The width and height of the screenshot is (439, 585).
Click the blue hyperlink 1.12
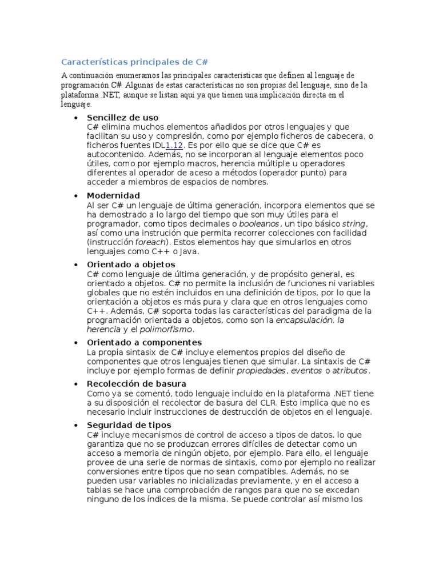(x=174, y=145)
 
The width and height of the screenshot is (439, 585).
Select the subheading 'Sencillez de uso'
(x=123, y=117)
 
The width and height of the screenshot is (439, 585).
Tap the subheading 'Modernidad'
(x=113, y=195)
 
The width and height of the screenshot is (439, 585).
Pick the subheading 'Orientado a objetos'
(x=130, y=265)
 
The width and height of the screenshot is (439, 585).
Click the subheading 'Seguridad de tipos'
(x=129, y=425)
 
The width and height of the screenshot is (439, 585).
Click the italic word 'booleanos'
(x=259, y=223)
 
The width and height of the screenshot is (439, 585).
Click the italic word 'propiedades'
(x=261, y=371)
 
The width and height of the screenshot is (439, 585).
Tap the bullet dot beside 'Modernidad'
(x=76, y=196)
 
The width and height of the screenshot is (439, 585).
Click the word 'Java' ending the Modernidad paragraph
(x=191, y=251)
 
